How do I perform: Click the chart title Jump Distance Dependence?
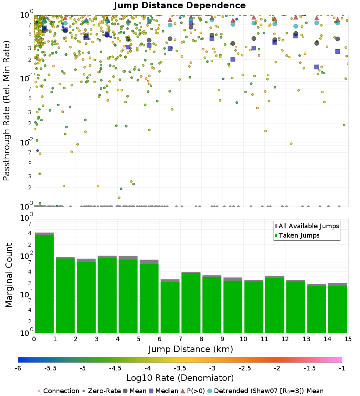point(180,6)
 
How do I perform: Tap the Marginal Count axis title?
point(9,275)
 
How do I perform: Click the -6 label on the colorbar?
point(18,368)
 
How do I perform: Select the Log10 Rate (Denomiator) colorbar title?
point(180,378)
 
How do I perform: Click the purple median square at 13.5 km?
point(316,67)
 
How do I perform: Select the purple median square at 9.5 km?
point(233,59)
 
